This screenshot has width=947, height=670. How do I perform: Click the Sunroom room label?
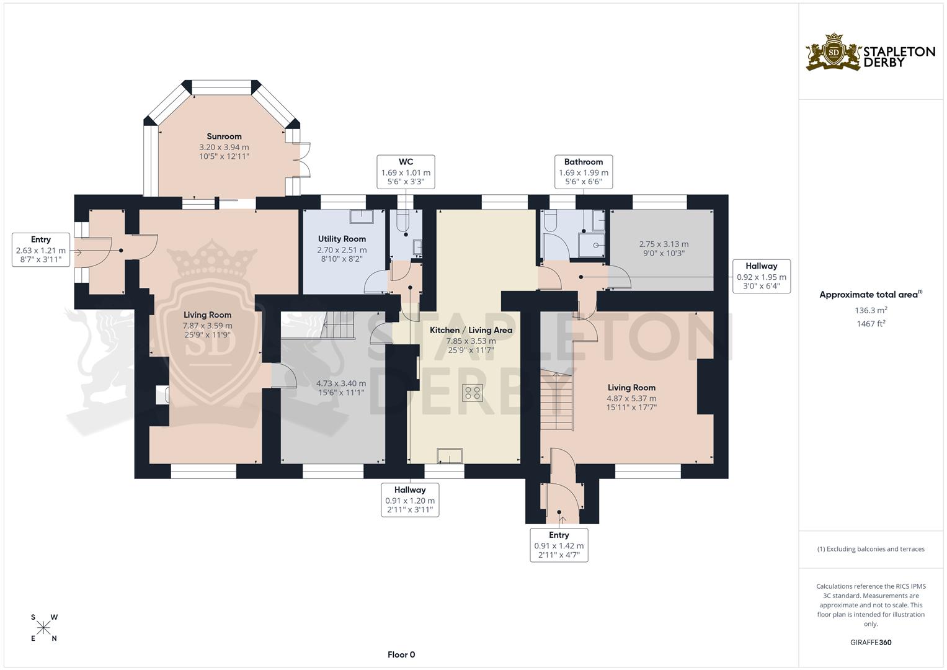coord(224,136)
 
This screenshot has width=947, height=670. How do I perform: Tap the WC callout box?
coord(406,172)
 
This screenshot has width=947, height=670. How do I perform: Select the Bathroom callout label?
coord(583,172)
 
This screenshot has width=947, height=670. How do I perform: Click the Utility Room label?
coord(342,239)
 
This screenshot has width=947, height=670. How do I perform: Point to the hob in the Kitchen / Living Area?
coord(473,392)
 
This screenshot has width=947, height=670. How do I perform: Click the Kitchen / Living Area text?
coord(471,330)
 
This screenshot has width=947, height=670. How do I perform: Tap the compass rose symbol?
coord(44,628)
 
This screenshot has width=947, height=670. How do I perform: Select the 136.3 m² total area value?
coord(871,310)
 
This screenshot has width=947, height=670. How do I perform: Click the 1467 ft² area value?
coord(871,323)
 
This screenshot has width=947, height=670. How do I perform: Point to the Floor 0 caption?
coord(401,654)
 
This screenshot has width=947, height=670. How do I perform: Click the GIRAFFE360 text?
coord(871,643)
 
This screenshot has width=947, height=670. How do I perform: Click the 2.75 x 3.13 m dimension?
coord(663,244)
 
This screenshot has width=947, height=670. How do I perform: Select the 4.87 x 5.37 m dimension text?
coord(631,398)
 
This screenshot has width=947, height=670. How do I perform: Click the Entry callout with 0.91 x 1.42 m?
coord(559,545)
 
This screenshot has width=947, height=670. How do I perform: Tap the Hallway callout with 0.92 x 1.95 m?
coord(761,276)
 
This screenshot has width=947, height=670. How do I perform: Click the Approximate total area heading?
coord(871,295)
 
